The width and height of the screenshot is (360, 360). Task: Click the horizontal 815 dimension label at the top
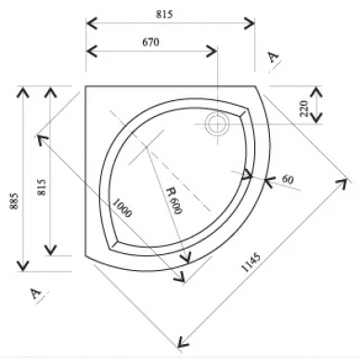[164, 14]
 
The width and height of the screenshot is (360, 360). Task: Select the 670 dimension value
[150, 42]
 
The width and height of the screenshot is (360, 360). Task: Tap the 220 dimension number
[304, 109]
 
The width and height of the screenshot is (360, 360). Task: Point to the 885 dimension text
[14, 201]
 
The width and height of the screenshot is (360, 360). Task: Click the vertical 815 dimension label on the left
[42, 187]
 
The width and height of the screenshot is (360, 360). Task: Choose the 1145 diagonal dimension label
[251, 263]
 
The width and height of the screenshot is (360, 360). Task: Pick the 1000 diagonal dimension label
[122, 208]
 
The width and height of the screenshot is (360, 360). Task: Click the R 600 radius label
[174, 200]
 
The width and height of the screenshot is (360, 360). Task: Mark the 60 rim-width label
[288, 179]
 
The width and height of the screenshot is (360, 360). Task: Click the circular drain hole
[217, 124]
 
